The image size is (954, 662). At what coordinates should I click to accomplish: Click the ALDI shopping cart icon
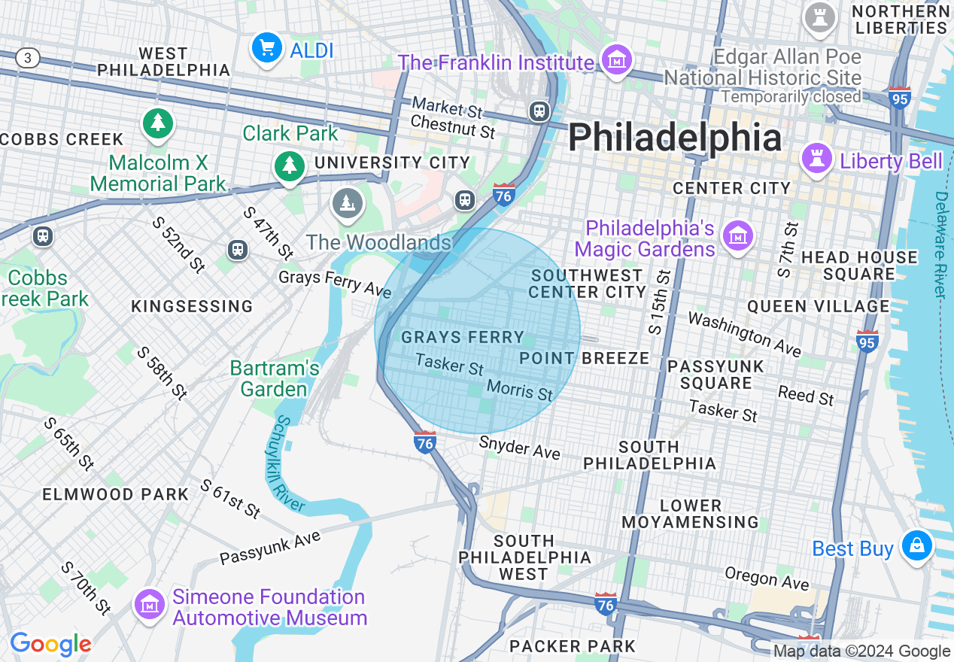[x=266, y=49]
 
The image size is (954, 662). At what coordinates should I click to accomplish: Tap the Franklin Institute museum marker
[x=617, y=60]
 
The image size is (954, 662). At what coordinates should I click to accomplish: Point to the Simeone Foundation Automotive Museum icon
[x=150, y=604]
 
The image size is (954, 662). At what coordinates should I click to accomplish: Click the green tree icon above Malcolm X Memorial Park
[x=157, y=123]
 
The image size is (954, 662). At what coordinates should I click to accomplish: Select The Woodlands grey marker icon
[x=347, y=203]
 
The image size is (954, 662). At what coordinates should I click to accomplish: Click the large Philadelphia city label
[x=675, y=138]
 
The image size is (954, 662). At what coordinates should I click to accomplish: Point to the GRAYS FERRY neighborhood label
[x=462, y=337]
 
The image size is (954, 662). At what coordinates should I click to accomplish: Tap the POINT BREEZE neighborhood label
[x=584, y=358]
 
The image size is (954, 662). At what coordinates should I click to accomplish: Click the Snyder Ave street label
[x=519, y=448]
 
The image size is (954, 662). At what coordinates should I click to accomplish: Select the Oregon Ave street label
[x=767, y=578]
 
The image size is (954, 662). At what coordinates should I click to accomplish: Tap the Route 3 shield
[x=28, y=58]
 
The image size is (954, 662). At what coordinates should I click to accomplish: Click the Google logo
[x=50, y=645]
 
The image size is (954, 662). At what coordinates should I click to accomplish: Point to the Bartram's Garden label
[x=275, y=378]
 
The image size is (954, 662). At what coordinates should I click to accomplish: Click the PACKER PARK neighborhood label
[x=572, y=645]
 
